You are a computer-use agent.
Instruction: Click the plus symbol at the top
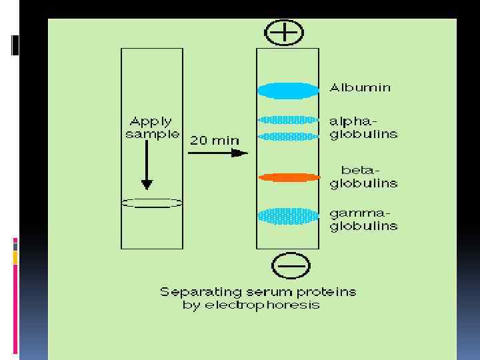(284, 32)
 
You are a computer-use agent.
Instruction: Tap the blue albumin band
(287, 90)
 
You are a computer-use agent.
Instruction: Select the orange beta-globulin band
(289, 177)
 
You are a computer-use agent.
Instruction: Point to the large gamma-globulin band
(288, 216)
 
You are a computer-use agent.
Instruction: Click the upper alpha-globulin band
(288, 120)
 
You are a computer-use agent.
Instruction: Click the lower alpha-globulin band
(288, 136)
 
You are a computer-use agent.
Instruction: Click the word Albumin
(361, 87)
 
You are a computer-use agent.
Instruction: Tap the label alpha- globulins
(363, 128)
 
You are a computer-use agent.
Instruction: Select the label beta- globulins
(363, 177)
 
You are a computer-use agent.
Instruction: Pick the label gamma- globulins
(363, 219)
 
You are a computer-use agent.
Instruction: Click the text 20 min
(214, 140)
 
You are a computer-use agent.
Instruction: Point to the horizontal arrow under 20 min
(217, 153)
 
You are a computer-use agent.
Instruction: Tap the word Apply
(151, 121)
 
